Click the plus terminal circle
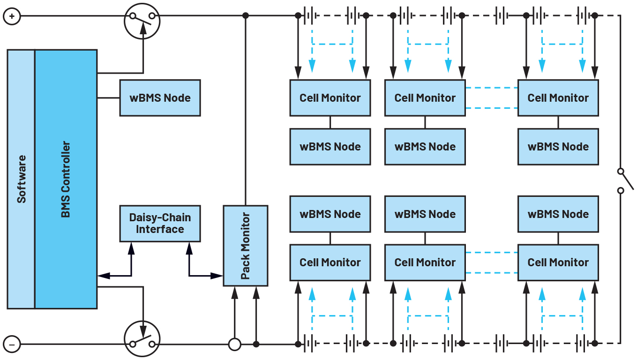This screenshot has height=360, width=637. coord(12,16)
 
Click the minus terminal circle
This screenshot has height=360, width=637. coord(12,345)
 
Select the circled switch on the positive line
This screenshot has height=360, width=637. coord(142,20)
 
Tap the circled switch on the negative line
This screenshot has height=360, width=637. coord(142,339)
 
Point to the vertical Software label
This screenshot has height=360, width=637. coord(21,179)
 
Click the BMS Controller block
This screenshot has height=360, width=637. coord(66,179)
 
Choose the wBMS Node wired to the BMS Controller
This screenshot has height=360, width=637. coord(160,98)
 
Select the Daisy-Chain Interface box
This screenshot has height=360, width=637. coord(160,223)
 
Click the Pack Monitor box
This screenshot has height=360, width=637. coord(245,246)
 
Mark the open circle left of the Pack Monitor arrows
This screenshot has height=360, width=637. coord(234,345)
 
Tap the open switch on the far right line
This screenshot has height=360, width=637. coord(622,180)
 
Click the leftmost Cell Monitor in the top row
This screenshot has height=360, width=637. coord(330,98)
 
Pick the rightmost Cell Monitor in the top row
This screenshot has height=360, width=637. coord(558,98)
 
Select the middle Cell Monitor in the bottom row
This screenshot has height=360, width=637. coord(425,262)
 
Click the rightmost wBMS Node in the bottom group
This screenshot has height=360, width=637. coord(558,214)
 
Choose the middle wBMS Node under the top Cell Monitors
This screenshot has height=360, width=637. coord(425,147)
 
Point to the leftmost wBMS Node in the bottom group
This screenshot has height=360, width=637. coord(330,214)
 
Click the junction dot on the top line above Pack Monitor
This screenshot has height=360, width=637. coord(245,16)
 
